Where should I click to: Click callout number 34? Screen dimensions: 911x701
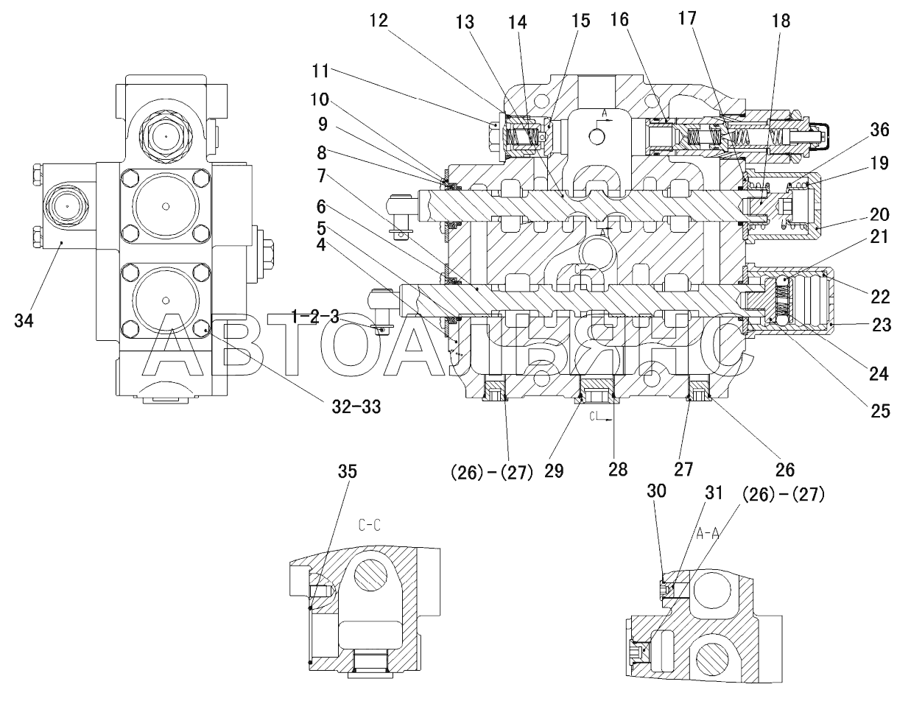coord(24,320)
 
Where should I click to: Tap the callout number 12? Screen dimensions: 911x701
coord(379,21)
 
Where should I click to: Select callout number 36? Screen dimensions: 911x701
coord(879,130)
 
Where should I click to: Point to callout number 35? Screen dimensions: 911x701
coord(347,471)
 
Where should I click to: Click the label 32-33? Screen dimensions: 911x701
coord(356,406)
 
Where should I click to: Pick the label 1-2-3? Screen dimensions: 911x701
coord(315,317)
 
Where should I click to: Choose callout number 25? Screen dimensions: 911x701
coord(880,411)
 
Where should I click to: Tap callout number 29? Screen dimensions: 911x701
coord(554,471)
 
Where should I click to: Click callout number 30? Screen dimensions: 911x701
coord(656,490)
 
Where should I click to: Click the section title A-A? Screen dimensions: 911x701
coord(708,533)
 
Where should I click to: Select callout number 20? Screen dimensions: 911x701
coord(879,214)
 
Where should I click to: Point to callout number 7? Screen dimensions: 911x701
coord(321,176)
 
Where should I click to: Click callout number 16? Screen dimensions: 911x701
coord(619,19)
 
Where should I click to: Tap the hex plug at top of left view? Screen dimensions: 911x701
coord(166,137)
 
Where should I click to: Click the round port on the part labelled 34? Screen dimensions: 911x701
coord(67,206)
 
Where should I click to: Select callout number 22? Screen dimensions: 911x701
coord(880,297)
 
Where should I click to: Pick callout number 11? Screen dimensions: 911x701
coord(320,71)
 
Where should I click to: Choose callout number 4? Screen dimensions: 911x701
coord(321,244)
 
